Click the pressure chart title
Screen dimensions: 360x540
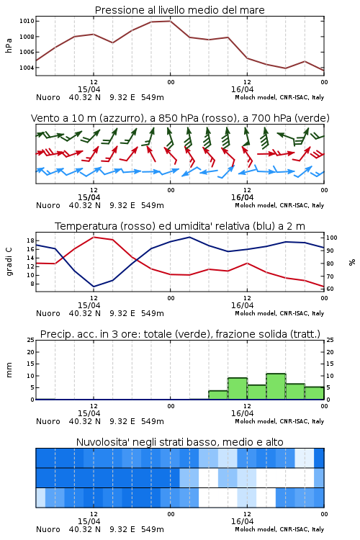tap(179, 10)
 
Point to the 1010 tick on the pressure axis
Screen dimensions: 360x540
tap(27, 21)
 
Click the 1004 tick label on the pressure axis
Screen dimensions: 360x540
tap(27, 68)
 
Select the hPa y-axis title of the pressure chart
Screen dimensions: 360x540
tap(9, 45)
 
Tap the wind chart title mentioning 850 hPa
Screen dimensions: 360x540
tap(180, 118)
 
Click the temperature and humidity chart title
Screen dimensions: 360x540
tap(180, 226)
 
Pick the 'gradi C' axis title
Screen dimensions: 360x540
tap(9, 261)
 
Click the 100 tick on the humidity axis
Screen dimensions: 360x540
tap(332, 238)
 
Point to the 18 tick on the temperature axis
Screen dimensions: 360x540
tap(30, 240)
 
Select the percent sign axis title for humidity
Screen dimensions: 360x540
tap(352, 262)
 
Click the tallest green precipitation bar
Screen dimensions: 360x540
tap(276, 387)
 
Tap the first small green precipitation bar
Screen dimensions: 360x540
tap(218, 395)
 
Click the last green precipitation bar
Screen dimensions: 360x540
tap(314, 393)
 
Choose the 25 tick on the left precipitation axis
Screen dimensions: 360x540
tap(31, 340)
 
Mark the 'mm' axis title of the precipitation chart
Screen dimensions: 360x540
tap(9, 370)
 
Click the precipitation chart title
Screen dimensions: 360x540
tap(180, 334)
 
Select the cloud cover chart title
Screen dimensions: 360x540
tap(180, 442)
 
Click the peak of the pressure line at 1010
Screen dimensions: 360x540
tap(170, 21)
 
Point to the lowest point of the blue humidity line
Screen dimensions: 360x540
tap(94, 287)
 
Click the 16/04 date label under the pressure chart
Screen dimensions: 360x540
tap(242, 89)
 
